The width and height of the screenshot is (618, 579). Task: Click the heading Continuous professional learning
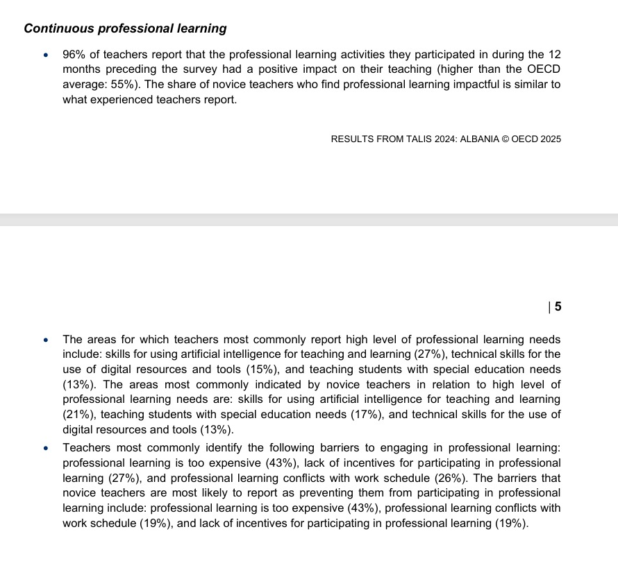point(125,28)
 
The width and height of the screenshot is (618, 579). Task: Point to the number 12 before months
point(553,54)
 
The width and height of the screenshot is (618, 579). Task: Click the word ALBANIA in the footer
point(480,139)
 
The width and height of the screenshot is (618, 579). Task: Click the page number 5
point(558,308)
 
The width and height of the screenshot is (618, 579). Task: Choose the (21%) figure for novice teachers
point(77,415)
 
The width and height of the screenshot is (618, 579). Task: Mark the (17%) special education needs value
point(322,415)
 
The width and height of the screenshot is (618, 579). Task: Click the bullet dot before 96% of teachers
point(46,55)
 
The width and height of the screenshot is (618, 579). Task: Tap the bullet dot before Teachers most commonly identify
point(46,449)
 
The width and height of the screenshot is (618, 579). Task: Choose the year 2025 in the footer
point(550,139)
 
